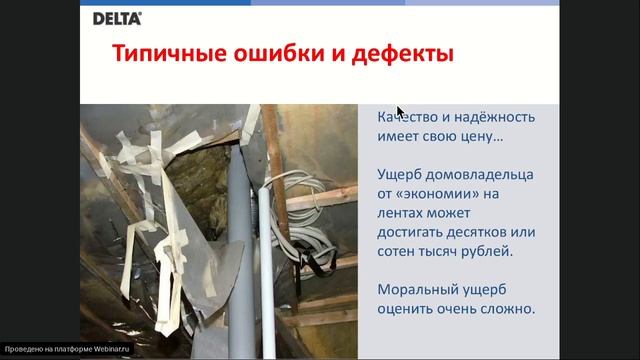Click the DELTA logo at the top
[117, 18]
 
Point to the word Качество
[411, 117]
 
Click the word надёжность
[494, 117]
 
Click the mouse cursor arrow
[400, 111]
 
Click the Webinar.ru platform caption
[68, 350]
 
